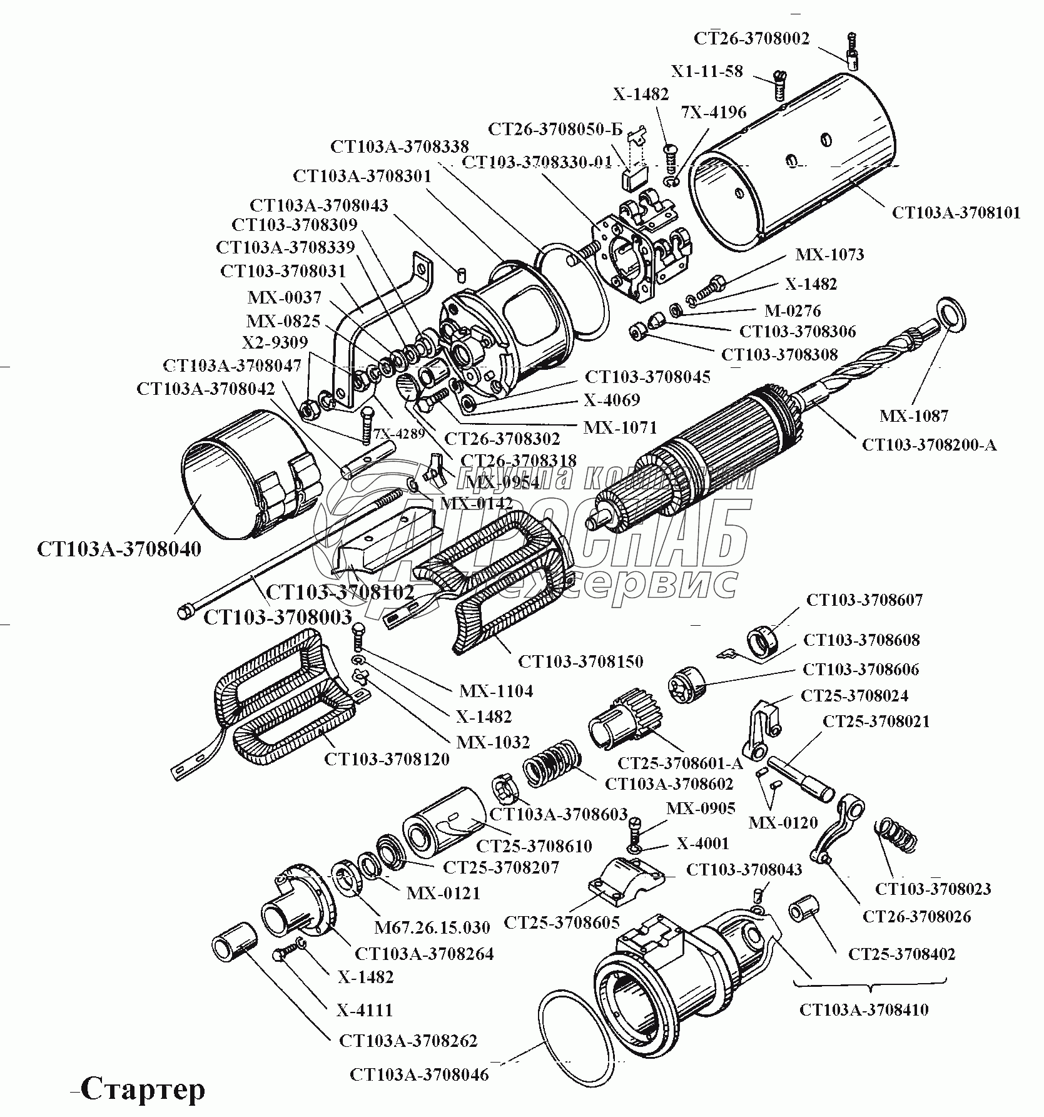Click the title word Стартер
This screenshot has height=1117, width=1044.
(143, 1089)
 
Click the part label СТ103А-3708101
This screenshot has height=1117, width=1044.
(956, 213)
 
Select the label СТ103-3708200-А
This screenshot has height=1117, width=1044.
(929, 445)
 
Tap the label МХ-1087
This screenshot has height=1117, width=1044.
(913, 416)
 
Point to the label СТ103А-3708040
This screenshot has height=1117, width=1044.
(119, 549)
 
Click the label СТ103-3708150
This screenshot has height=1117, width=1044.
(580, 661)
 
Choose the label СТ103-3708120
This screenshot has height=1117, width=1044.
(387, 760)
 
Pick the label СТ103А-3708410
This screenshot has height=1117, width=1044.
(864, 1010)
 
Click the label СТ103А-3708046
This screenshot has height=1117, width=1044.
(419, 1075)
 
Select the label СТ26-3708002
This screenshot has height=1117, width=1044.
(751, 39)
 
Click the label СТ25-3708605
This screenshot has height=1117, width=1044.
(561, 922)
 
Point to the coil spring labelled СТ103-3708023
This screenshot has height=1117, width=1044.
(896, 834)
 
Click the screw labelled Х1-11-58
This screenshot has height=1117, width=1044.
(779, 85)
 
